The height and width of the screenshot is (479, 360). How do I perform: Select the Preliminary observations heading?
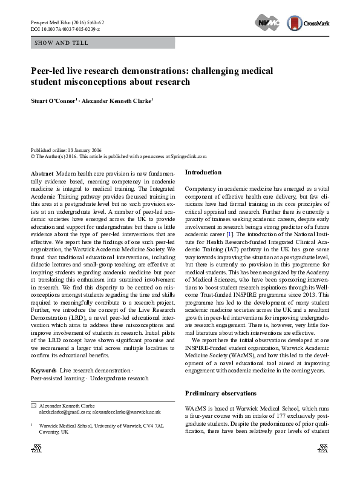click(220, 393)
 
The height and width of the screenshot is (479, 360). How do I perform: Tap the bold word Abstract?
click(42, 173)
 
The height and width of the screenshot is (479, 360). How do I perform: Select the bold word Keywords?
click(44, 369)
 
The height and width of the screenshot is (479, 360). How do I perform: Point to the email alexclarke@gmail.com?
click(64, 411)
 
